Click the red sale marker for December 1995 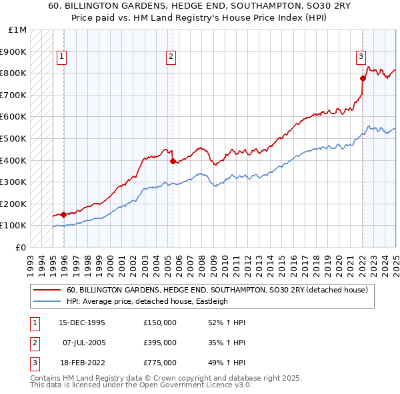pyautogui.click(x=63, y=214)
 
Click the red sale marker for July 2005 pyautogui.click(x=173, y=161)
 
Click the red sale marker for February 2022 pyautogui.click(x=363, y=78)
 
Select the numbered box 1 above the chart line pyautogui.click(x=61, y=57)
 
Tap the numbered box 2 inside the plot pyautogui.click(x=171, y=57)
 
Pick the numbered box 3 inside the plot pyautogui.click(x=361, y=57)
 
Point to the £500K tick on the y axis pyautogui.click(x=14, y=138)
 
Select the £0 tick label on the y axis pyautogui.click(x=21, y=247)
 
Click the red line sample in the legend pyautogui.click(x=47, y=290)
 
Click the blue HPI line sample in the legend pyautogui.click(x=47, y=301)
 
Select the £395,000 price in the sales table pyautogui.click(x=160, y=343)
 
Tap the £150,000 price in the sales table pyautogui.click(x=160, y=323)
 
